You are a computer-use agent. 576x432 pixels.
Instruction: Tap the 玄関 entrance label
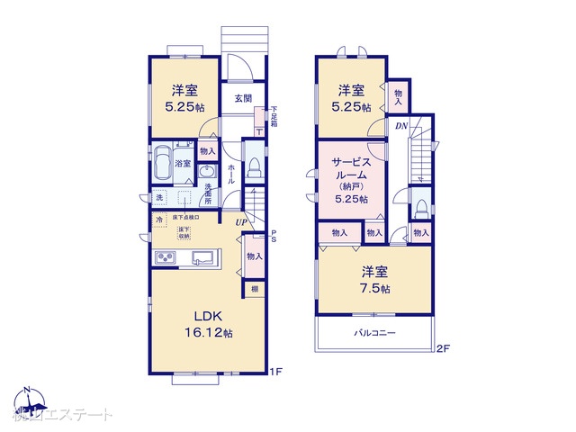[243, 99]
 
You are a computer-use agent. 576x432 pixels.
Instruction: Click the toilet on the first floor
[254, 167]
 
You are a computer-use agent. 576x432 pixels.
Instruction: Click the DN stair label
[400, 126]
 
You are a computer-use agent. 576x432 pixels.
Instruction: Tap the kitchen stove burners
[167, 259]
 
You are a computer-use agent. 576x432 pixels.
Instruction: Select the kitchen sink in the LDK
[203, 259]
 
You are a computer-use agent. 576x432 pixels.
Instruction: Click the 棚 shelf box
[255, 289]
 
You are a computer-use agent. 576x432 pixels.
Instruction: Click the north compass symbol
[27, 396]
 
